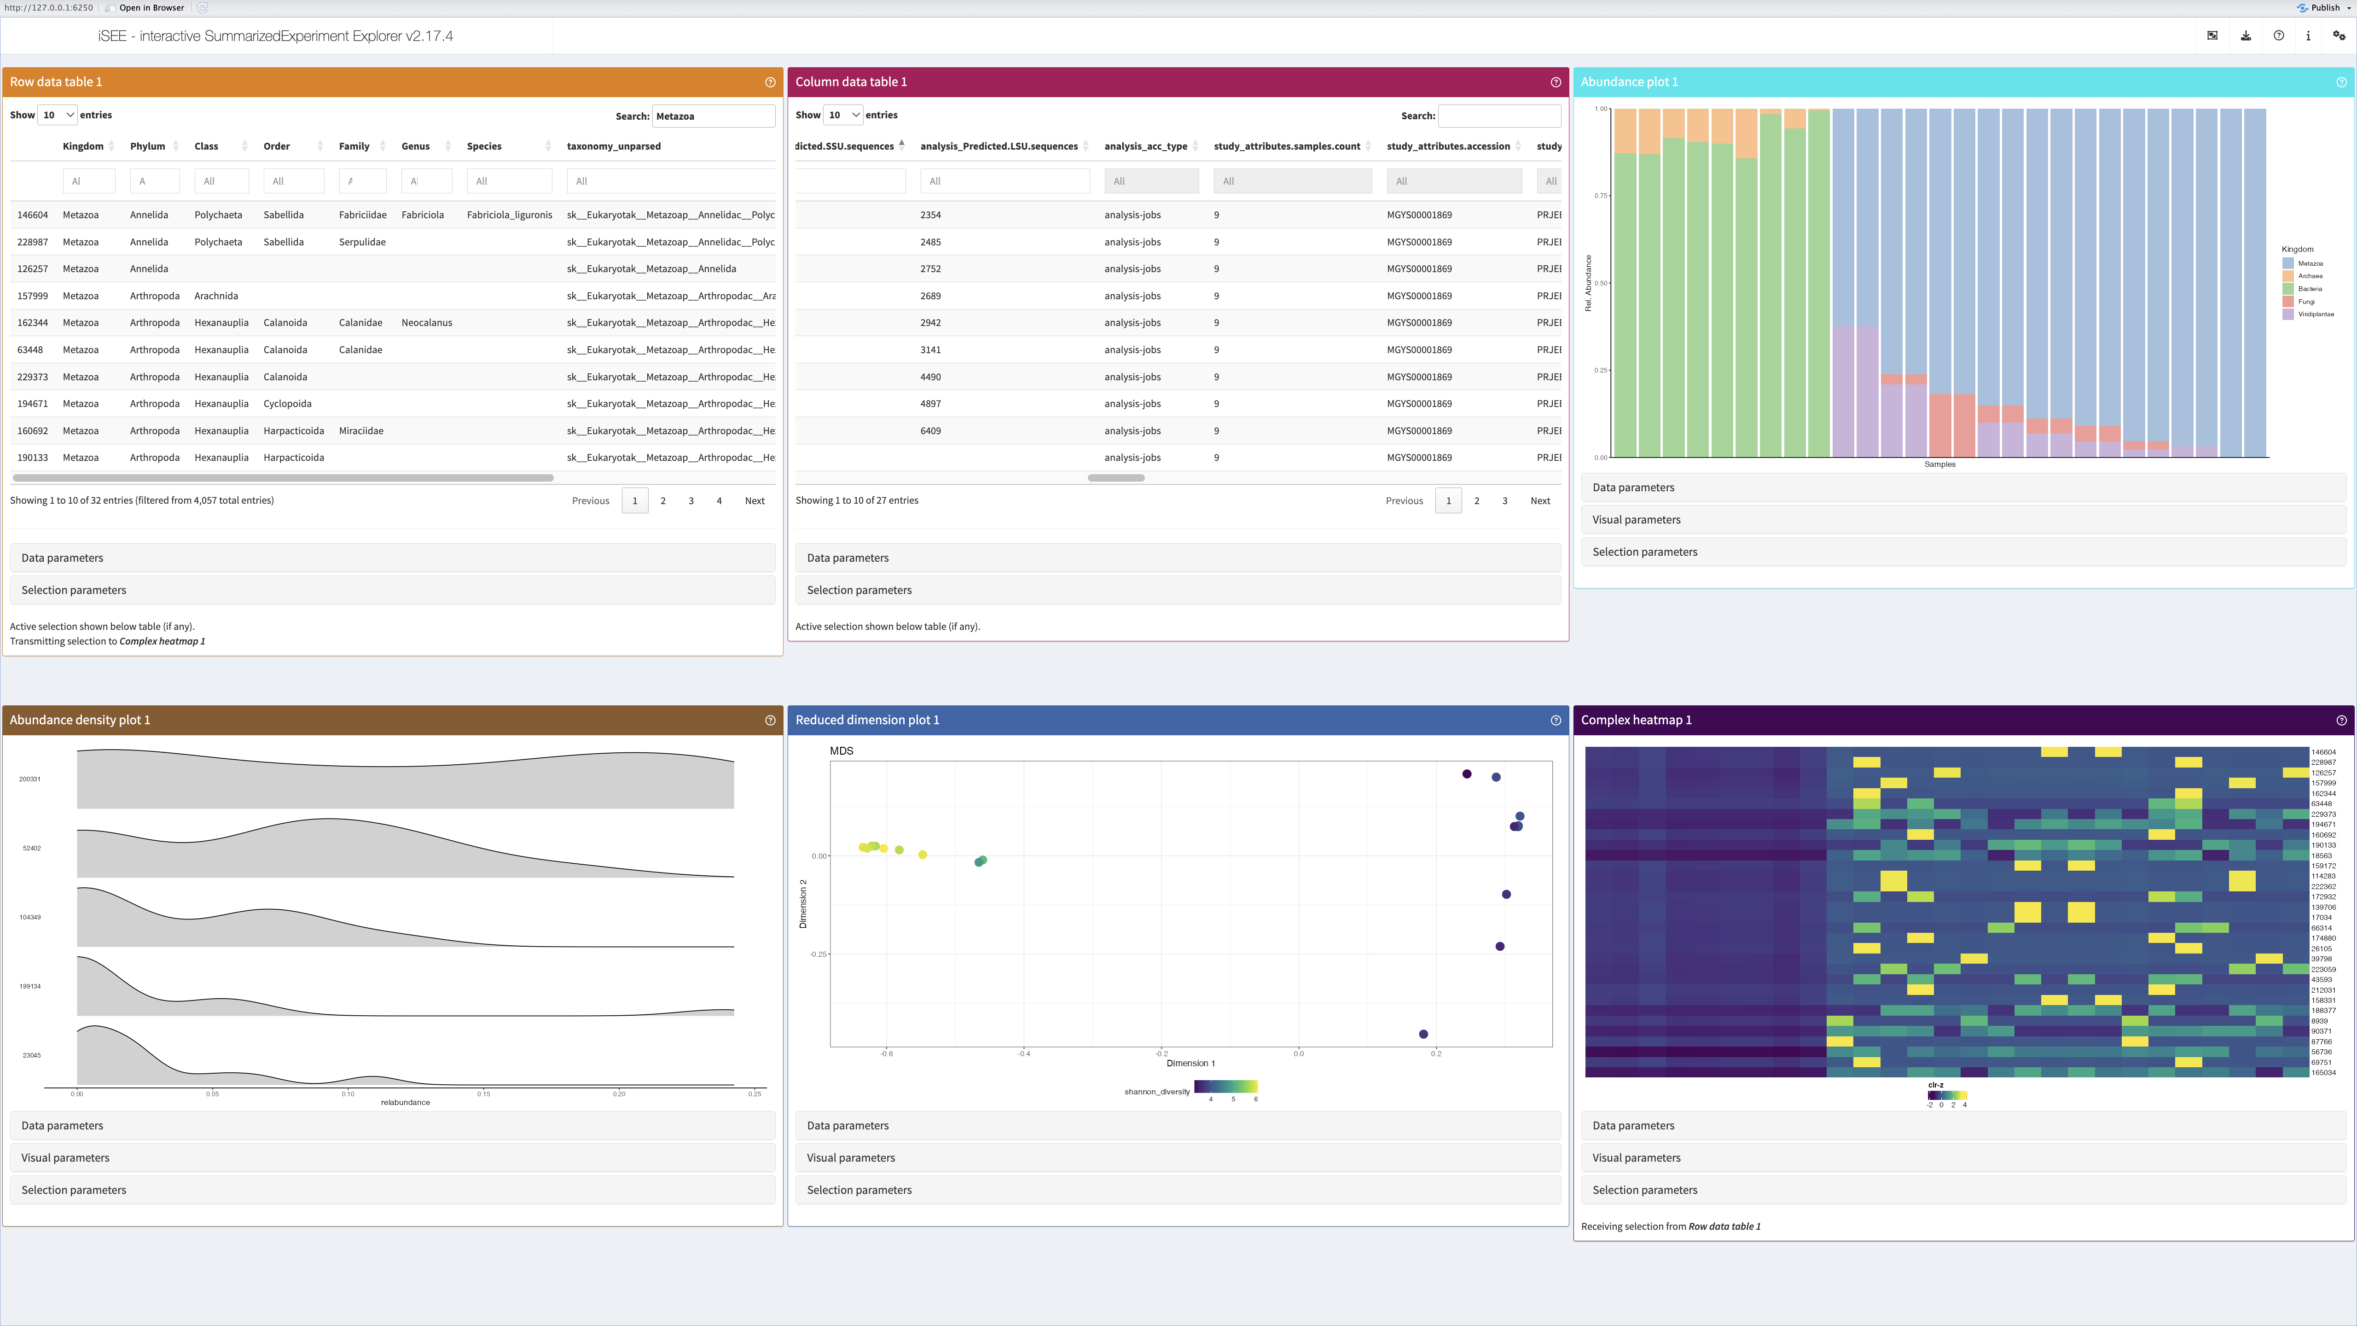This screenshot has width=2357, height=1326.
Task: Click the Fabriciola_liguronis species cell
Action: (509, 215)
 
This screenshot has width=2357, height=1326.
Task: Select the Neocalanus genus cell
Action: (426, 323)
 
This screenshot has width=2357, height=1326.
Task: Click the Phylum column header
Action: (147, 146)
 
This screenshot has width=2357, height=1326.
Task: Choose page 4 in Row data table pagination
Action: (719, 500)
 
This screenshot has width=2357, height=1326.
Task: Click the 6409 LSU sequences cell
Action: (930, 431)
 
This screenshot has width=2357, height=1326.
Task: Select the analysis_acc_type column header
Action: (1145, 146)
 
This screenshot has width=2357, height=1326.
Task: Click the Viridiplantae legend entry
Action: (2315, 314)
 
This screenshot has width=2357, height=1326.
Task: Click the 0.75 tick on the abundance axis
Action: (1600, 196)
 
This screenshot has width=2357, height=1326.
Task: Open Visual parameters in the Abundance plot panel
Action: (1636, 520)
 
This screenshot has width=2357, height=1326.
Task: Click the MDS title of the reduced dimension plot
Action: (841, 751)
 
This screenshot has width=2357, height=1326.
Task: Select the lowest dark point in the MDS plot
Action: (1423, 1034)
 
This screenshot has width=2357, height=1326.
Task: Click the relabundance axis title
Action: (405, 1103)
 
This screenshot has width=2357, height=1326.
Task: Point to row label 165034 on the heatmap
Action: (2323, 1072)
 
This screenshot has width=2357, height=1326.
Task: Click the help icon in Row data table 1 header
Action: (770, 82)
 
